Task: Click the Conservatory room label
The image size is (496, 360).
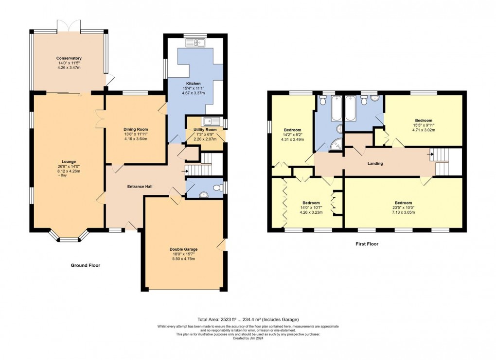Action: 69,58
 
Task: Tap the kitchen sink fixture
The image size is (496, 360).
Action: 195,43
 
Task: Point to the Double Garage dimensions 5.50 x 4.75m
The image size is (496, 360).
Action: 184,259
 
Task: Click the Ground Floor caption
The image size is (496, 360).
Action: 86,265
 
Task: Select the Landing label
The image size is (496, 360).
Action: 375,163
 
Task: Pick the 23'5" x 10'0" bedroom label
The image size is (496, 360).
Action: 403,203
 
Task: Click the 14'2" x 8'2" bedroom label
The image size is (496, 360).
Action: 292,130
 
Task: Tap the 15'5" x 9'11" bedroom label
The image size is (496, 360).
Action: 423,120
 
